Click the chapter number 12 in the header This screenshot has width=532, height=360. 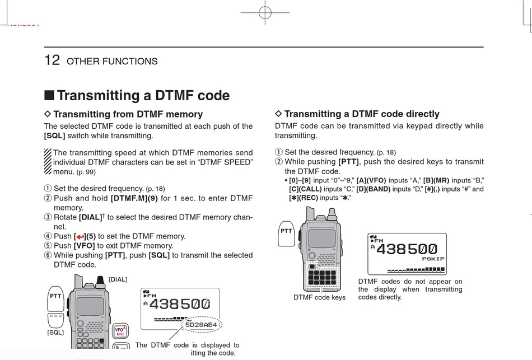52,60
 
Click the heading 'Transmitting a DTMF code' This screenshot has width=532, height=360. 143,95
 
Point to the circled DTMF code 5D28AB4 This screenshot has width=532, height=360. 201,324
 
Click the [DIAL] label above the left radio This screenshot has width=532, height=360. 118,279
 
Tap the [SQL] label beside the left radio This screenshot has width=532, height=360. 56,333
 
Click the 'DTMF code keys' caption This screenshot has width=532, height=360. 320,297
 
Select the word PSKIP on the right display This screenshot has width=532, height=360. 433,259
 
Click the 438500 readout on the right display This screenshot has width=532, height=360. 408,249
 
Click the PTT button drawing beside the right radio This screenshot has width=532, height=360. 286,231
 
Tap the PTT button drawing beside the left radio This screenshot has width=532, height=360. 55,295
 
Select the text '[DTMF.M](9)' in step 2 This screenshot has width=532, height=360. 134,198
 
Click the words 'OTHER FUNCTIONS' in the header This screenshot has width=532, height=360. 112,62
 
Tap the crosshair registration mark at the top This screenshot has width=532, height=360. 265,14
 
